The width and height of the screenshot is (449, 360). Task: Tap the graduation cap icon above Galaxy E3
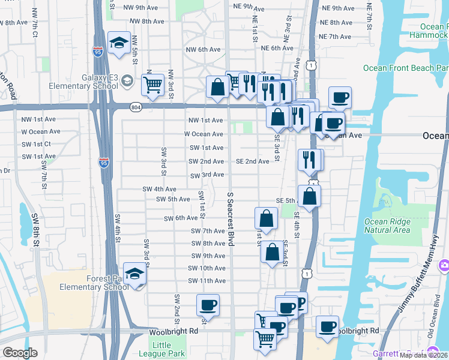click(119, 43)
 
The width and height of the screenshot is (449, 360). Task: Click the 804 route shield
click(136, 107)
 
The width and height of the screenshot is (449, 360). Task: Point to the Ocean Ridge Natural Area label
click(387, 226)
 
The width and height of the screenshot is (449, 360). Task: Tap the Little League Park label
click(169, 349)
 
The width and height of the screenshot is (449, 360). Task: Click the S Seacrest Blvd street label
click(230, 219)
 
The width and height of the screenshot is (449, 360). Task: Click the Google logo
click(20, 353)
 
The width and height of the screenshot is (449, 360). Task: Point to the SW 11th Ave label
click(206, 281)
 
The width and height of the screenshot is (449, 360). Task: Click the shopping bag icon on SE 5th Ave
click(309, 196)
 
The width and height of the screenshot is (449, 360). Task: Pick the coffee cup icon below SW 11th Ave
click(208, 305)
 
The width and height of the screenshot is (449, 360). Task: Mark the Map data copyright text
click(422, 355)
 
